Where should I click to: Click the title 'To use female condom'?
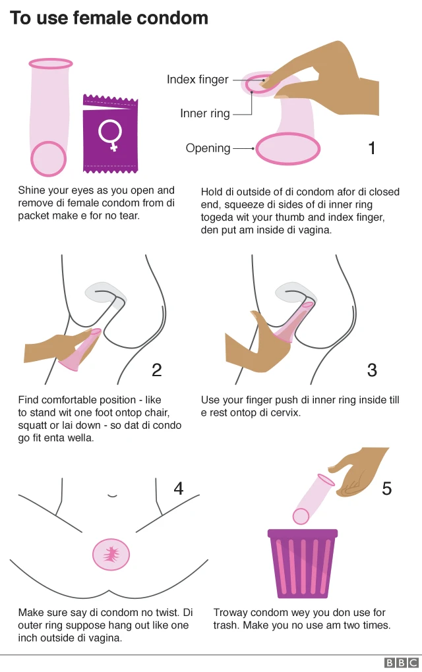pyautogui.click(x=109, y=18)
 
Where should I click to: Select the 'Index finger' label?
pyautogui.click(x=197, y=80)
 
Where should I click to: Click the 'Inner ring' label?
pyautogui.click(x=205, y=114)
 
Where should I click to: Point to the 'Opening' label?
pyautogui.click(x=208, y=148)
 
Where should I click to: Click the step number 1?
pyautogui.click(x=372, y=148)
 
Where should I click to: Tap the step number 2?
pyautogui.click(x=156, y=370)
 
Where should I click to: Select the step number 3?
pyautogui.click(x=372, y=370)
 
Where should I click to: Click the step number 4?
pyautogui.click(x=179, y=488)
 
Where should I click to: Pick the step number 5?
pyautogui.click(x=387, y=488)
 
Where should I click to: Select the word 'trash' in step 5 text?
pyautogui.click(x=226, y=625)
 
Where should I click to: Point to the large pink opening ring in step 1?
pyautogui.click(x=289, y=149)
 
